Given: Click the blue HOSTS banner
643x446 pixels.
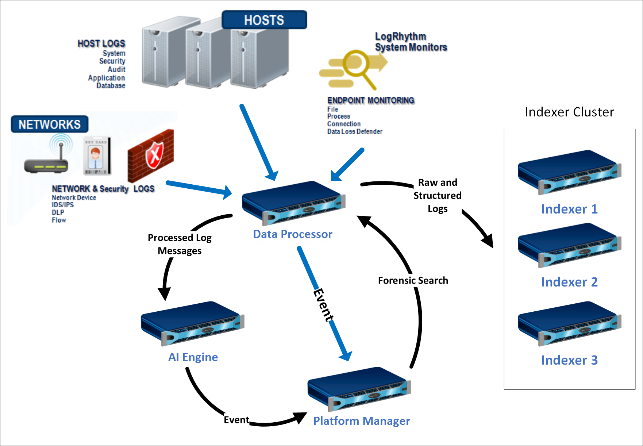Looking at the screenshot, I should click(x=264, y=20).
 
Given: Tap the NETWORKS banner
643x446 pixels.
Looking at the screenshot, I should click(x=49, y=124).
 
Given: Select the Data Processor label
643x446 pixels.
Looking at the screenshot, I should click(x=292, y=234).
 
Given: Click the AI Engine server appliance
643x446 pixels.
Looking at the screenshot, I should click(x=192, y=323).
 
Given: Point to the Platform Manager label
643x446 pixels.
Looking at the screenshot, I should click(x=361, y=421).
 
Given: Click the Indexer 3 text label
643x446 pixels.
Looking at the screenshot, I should click(x=569, y=360).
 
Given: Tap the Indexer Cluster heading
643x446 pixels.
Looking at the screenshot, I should click(x=569, y=112).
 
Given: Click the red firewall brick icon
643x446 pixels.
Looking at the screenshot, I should click(x=151, y=155).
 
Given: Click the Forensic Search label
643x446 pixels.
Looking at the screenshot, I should click(x=413, y=280).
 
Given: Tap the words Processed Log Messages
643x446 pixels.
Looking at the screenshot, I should click(x=180, y=244).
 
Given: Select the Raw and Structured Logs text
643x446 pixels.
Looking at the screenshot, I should click(x=437, y=196).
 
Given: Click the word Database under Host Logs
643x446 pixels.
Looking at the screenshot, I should click(x=111, y=86).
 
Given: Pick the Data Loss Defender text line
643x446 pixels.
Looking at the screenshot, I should click(x=354, y=131).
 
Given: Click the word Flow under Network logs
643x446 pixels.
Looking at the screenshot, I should click(x=59, y=220).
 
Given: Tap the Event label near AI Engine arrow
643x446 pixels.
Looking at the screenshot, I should click(x=236, y=420).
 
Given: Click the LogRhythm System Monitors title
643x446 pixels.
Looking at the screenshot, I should click(x=411, y=42).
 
